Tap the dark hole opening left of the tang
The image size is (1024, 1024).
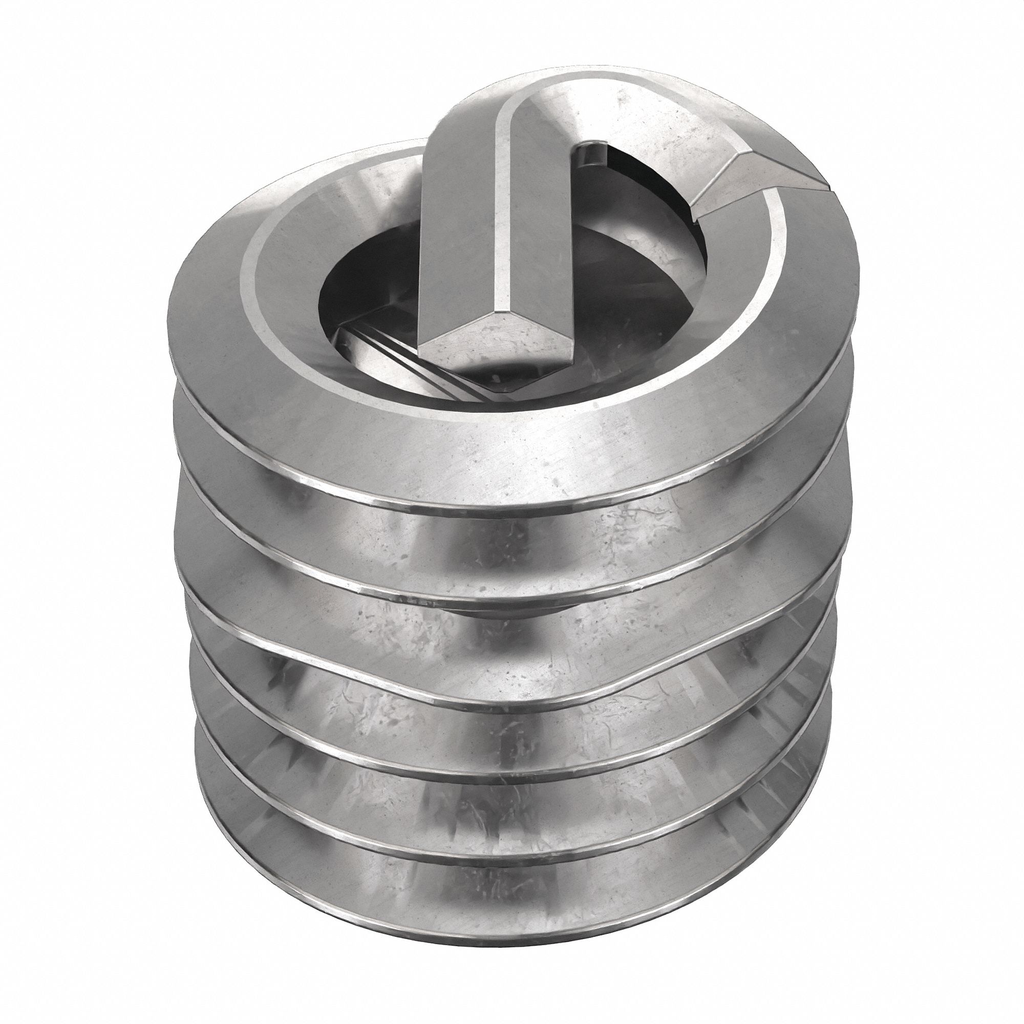366,297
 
